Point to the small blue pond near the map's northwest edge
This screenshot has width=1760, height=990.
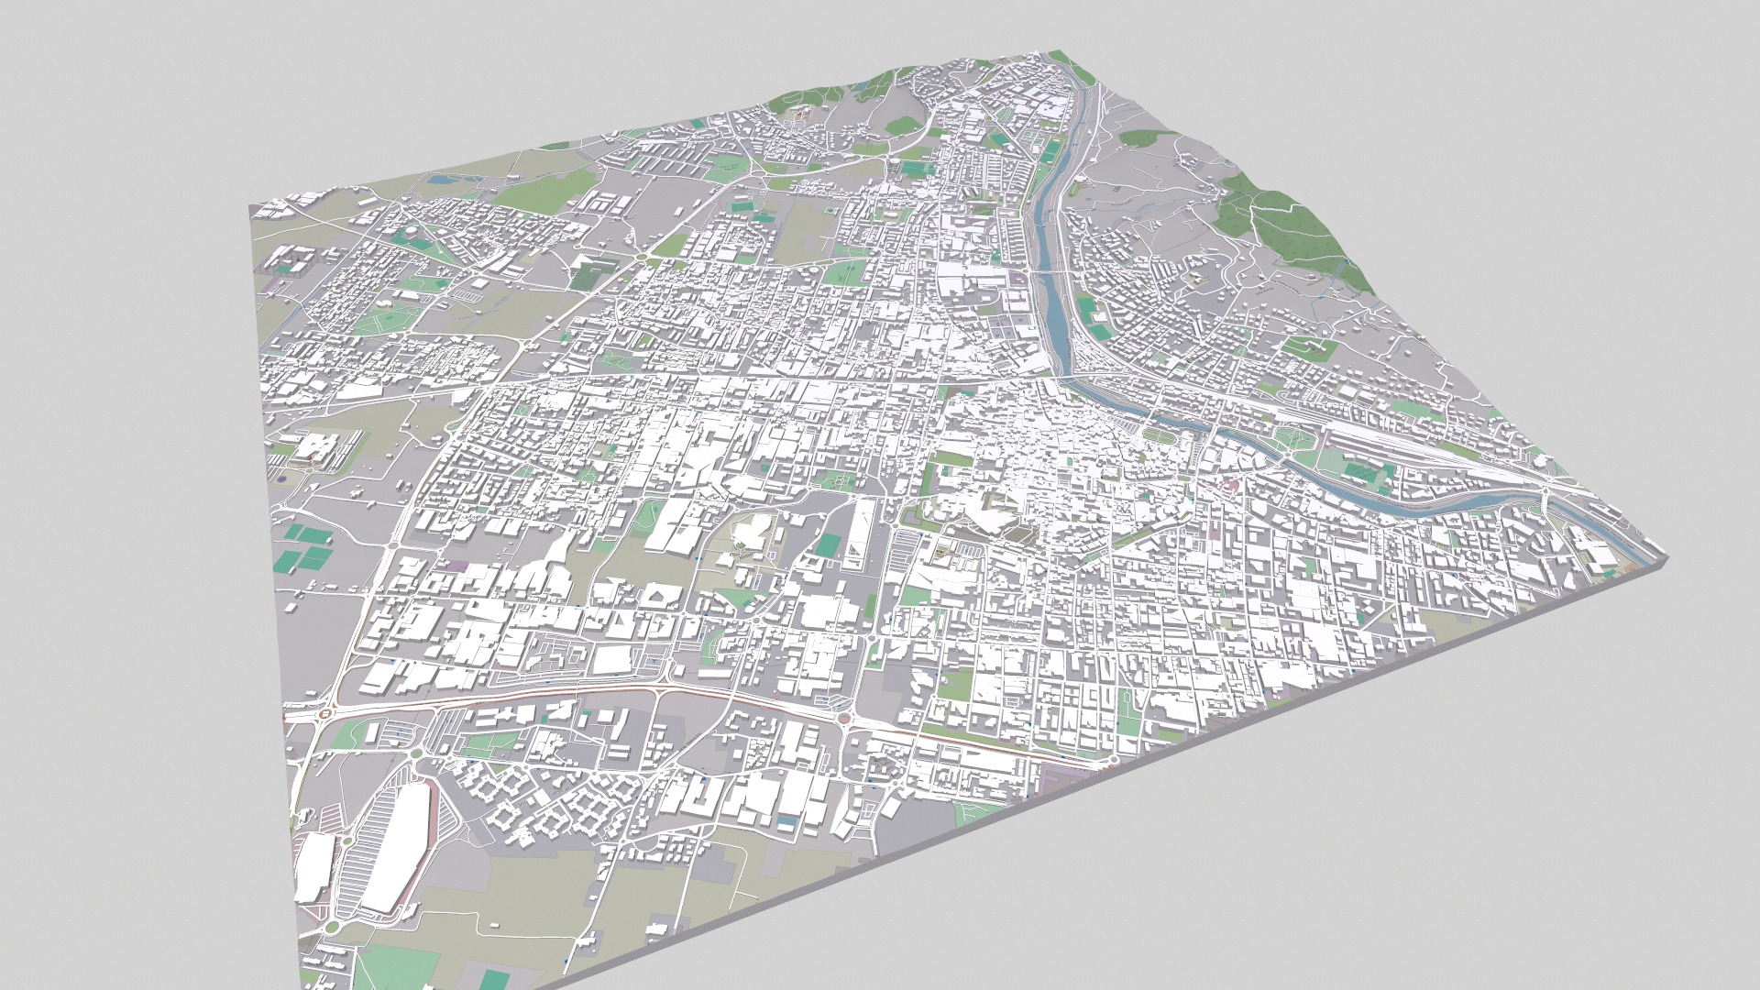coord(441,181)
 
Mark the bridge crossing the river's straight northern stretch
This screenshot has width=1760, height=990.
coord(1050,271)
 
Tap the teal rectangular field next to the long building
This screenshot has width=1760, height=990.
coord(829,545)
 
